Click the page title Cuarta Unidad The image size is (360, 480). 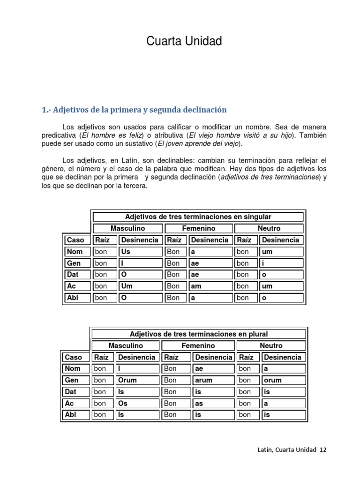(x=184, y=42)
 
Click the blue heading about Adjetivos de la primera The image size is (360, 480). (x=134, y=110)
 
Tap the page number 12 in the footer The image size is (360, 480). (x=323, y=449)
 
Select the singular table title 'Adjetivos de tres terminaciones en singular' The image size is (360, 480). (x=198, y=217)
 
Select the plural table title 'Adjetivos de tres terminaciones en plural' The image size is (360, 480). (x=199, y=334)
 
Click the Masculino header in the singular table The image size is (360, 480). (x=127, y=228)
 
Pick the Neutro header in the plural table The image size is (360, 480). (x=271, y=345)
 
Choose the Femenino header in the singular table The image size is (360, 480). (x=198, y=228)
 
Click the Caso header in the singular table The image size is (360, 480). (x=75, y=240)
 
